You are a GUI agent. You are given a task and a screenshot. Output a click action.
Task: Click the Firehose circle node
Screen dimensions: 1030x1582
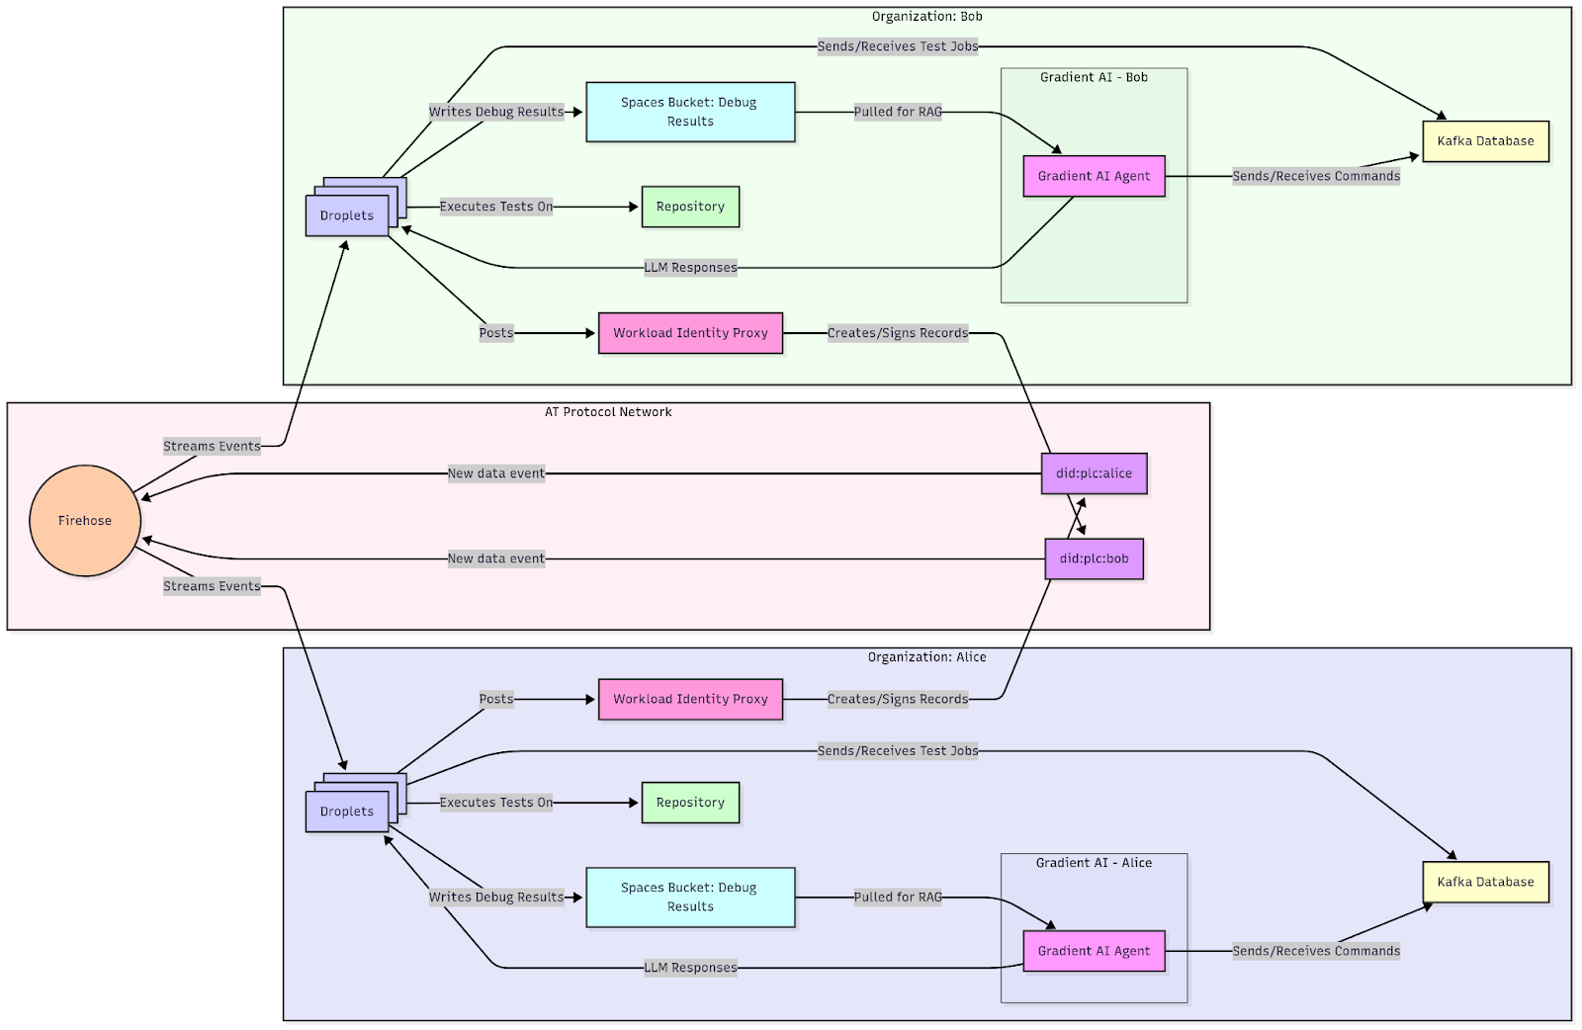85,521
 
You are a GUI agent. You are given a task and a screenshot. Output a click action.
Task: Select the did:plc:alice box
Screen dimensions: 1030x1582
1094,473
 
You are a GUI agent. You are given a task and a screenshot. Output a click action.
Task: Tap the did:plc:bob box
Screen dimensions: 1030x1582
1094,558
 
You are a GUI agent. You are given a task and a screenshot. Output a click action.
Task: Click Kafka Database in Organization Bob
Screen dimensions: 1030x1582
1485,141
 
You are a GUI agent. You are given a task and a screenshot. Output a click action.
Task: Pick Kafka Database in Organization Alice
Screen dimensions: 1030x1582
1485,882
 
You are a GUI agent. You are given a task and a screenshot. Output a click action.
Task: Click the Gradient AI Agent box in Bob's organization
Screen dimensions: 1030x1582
1094,176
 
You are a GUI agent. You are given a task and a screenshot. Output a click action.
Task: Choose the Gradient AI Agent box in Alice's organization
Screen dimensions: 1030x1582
1094,951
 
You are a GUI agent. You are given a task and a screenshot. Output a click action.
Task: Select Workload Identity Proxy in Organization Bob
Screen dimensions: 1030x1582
690,333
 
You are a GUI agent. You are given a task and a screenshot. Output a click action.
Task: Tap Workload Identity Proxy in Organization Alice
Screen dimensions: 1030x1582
690,699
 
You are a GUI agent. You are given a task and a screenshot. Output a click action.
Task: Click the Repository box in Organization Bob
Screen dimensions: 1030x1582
690,207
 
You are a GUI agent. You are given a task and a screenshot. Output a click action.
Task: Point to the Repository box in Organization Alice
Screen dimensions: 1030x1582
690,803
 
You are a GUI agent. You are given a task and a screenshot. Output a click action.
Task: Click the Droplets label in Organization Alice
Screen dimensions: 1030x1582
347,812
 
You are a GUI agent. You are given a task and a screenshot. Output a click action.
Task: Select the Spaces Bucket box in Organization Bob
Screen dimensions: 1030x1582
690,112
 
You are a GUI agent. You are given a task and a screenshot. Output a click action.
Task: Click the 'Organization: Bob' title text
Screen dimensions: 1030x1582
926,17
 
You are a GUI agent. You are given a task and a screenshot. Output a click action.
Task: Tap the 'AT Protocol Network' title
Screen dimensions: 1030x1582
608,412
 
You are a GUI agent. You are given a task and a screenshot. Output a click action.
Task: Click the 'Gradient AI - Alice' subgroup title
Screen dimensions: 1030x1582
1094,863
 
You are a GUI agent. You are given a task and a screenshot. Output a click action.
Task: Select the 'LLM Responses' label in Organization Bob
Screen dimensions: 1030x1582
690,268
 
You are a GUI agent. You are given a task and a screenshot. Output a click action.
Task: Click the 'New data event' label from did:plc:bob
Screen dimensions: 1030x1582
496,558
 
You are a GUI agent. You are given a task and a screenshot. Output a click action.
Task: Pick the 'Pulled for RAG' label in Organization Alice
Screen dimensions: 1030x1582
898,898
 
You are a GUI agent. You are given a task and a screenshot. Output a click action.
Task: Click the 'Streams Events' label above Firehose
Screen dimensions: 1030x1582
212,447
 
